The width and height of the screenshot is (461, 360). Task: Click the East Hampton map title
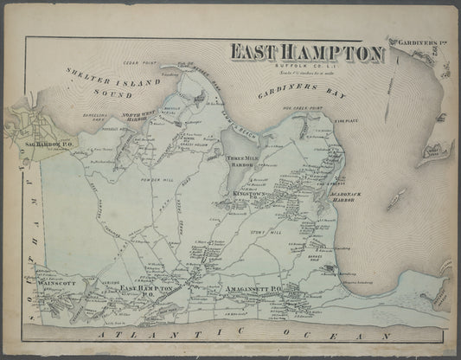[x=306, y=54]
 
